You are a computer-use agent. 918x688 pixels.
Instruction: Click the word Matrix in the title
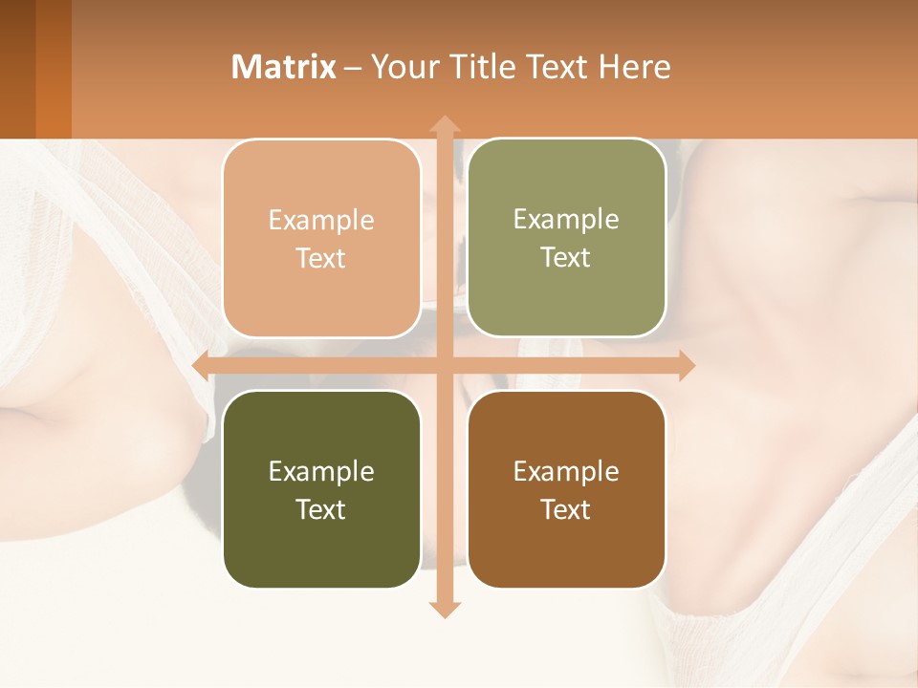click(284, 67)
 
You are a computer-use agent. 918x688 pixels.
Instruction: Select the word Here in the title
click(635, 67)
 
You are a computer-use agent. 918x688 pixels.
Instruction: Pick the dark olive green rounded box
click(321, 549)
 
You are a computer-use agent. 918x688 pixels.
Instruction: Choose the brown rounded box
click(566, 549)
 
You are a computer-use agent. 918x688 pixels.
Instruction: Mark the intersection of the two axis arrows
click(444, 366)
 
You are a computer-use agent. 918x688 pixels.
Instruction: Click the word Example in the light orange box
click(321, 221)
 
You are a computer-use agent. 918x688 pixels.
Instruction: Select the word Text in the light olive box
click(566, 258)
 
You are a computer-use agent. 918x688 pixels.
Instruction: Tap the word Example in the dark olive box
click(321, 472)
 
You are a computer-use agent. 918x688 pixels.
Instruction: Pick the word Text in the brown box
click(566, 509)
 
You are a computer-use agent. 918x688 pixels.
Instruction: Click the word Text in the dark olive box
click(321, 509)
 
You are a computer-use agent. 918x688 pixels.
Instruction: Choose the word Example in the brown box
click(566, 472)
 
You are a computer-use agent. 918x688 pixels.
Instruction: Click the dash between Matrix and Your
click(353, 68)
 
